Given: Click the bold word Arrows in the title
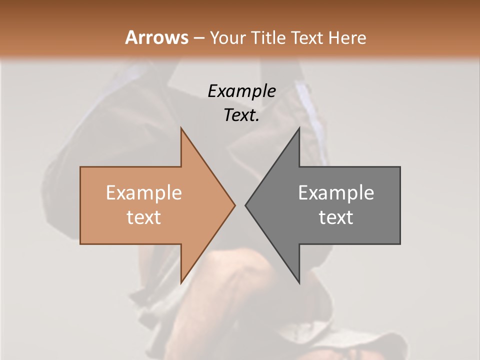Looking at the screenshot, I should pos(157,37).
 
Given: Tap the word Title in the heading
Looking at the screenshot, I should pos(267,37).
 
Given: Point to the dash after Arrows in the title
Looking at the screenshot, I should pos(198,38).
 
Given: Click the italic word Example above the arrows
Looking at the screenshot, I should pos(241,91).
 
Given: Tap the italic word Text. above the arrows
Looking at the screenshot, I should pos(241,115).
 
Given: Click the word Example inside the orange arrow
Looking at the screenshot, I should pos(143,192).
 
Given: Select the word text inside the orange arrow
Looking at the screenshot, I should pos(143,217).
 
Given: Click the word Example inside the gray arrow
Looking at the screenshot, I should pos(336,192).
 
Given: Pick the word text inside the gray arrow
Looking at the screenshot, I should pos(336,217).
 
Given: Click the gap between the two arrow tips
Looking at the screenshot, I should pos(240,205).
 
